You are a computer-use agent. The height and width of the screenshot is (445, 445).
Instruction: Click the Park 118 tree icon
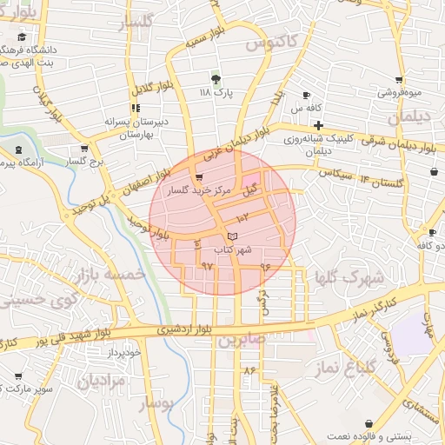(x=216, y=77)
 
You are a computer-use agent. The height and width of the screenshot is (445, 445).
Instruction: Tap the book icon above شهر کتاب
(x=230, y=236)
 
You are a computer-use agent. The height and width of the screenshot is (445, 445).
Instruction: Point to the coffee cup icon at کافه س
(x=306, y=95)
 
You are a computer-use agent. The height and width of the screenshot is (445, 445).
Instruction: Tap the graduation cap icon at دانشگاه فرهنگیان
(x=21, y=37)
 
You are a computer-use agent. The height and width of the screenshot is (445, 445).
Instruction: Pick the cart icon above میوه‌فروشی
(x=399, y=79)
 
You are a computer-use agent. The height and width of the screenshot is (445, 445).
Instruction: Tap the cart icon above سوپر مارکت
(x=18, y=376)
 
